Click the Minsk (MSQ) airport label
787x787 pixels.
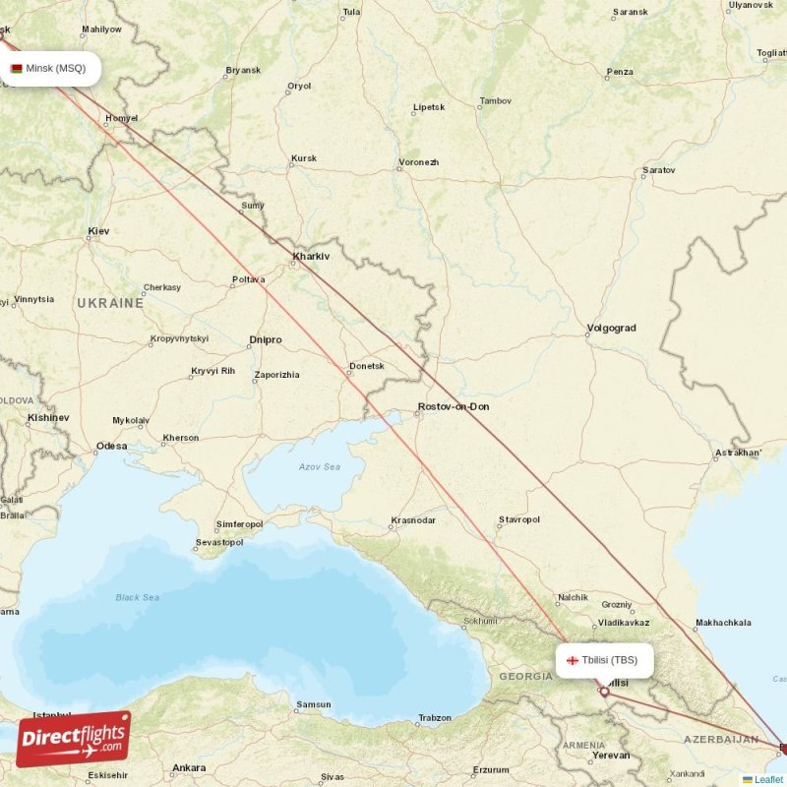55,68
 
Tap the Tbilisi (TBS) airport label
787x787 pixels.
610,660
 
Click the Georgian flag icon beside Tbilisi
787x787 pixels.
573,660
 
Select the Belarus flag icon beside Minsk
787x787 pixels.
17,69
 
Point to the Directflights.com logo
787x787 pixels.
74,739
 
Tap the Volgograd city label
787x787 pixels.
611,328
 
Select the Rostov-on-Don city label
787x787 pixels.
453,406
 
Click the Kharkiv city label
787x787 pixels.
310,257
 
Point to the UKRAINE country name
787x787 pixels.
110,303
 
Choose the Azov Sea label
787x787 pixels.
320,466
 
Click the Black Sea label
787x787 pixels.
137,597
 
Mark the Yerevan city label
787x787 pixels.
611,756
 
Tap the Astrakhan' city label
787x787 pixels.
739,453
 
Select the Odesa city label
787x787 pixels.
111,446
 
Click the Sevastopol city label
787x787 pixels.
219,542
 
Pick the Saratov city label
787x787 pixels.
658,170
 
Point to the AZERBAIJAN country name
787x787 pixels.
721,739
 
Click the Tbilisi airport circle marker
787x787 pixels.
604,692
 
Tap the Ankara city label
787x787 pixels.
189,767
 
